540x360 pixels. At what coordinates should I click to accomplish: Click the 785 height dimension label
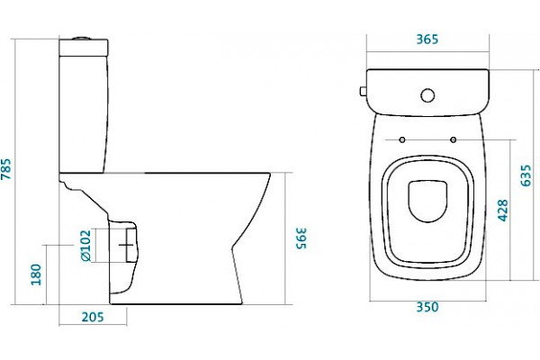tap(6, 169)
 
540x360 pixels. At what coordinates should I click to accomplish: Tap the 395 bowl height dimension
tap(301, 238)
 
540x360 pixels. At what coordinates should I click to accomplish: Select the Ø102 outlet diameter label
tap(85, 246)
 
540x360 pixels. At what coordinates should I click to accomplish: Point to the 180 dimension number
tap(36, 274)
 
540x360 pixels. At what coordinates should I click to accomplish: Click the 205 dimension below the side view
tap(93, 317)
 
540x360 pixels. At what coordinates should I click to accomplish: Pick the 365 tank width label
tap(427, 40)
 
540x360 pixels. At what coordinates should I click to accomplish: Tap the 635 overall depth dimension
tap(526, 175)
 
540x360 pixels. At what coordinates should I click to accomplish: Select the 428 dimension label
tap(503, 210)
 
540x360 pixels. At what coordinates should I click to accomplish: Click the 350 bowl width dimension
tap(427, 307)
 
